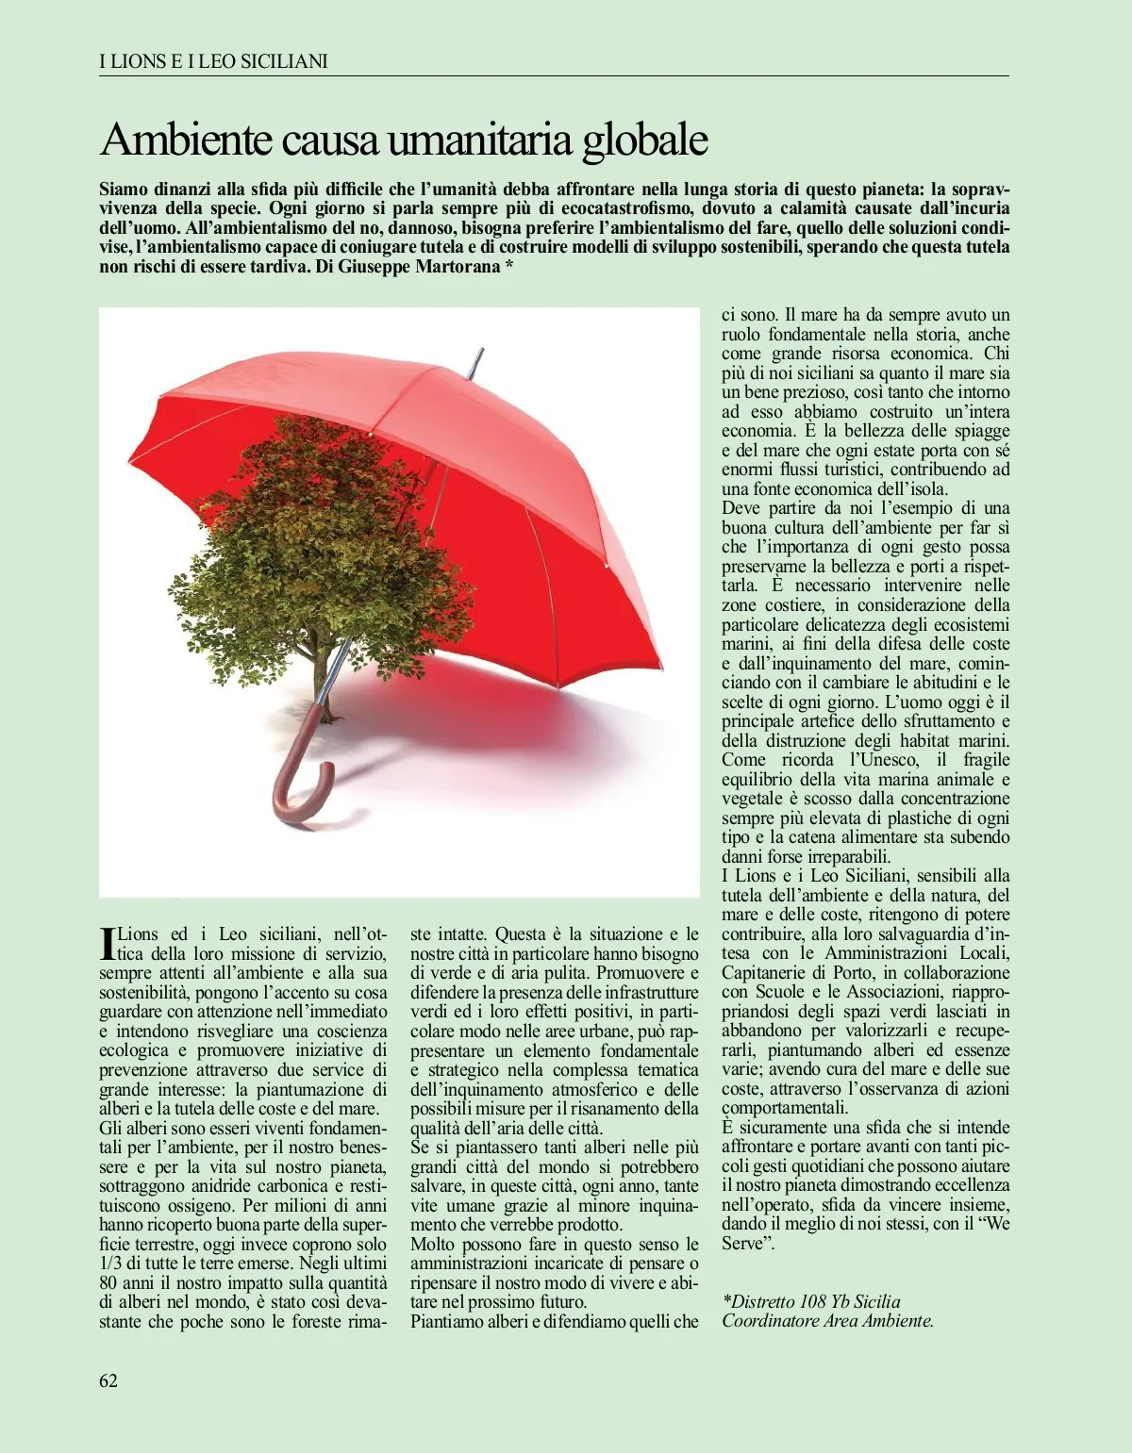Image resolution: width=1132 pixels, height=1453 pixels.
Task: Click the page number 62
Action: coord(108,1380)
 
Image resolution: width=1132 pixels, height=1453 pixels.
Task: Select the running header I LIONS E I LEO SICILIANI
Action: coord(213,61)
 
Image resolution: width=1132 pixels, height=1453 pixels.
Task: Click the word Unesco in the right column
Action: coord(882,760)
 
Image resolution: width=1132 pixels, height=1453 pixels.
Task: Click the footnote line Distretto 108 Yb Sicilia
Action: coord(811,1301)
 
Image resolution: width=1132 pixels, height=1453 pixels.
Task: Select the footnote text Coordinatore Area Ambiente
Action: coord(828,1321)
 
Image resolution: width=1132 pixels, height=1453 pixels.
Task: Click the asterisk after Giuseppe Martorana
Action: coord(508,267)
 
